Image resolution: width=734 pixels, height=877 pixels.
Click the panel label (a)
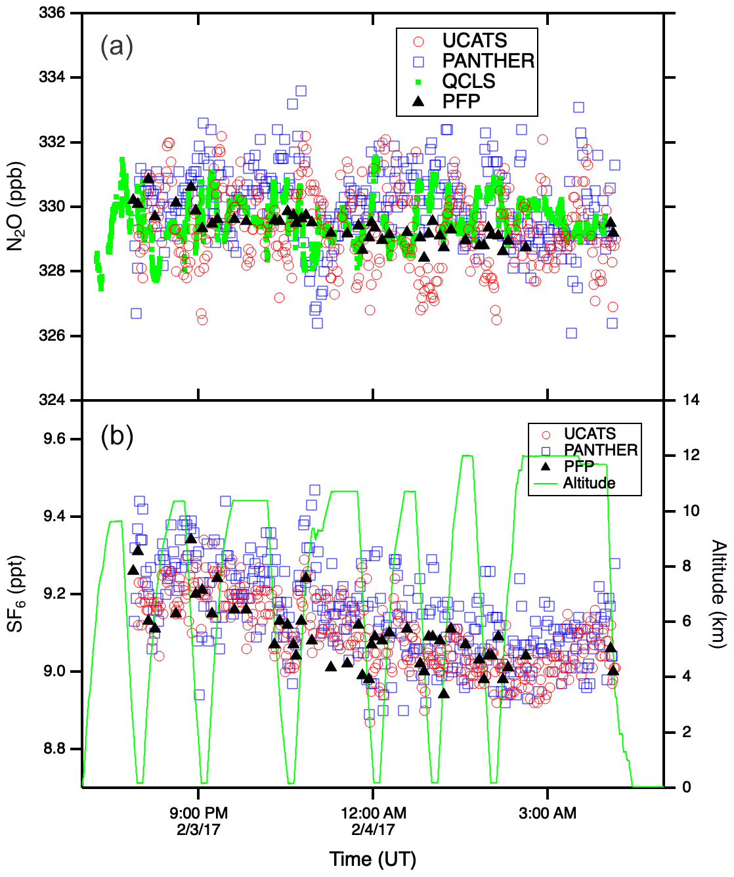(x=117, y=47)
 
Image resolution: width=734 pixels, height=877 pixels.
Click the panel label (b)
(x=117, y=435)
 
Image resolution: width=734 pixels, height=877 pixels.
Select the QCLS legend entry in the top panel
(x=468, y=81)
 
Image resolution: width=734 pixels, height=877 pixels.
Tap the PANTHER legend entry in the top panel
(x=488, y=61)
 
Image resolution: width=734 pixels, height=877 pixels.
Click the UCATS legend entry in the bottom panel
(x=590, y=434)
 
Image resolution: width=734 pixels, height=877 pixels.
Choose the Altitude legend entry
(x=589, y=483)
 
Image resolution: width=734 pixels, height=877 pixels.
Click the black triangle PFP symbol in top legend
(x=418, y=101)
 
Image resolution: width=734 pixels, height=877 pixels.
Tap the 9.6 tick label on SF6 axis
(x=55, y=439)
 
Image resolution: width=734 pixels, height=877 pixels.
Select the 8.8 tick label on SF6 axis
(x=55, y=749)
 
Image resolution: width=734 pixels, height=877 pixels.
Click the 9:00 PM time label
(x=198, y=813)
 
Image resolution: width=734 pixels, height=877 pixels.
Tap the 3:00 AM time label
(x=548, y=813)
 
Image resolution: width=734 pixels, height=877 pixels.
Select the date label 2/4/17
(x=373, y=829)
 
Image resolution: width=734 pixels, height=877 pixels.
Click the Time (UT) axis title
(x=372, y=859)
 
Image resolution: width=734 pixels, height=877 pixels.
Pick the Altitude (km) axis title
(x=719, y=593)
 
